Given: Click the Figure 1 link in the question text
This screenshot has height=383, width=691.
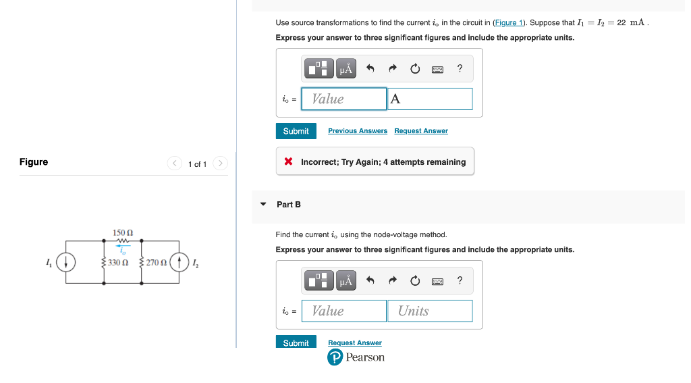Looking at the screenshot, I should (x=509, y=22).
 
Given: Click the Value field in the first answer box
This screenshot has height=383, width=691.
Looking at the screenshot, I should (x=344, y=99).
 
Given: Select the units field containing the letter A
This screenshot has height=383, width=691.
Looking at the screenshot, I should (x=430, y=99).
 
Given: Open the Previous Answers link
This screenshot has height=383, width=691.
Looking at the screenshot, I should (x=358, y=131).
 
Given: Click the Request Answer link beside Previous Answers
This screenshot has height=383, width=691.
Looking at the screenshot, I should (x=421, y=131).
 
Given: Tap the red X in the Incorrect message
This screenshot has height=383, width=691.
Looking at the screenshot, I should (x=288, y=162).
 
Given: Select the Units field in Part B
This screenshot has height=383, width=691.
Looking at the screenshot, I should (x=430, y=311).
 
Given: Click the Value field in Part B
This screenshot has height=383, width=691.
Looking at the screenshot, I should (x=344, y=311).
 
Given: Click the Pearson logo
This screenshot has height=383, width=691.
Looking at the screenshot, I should (x=335, y=357).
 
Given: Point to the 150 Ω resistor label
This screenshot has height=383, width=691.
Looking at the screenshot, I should (x=123, y=232).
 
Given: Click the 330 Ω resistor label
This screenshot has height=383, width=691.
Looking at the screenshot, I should (x=118, y=262).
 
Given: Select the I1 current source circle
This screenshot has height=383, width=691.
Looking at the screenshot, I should (x=65, y=262).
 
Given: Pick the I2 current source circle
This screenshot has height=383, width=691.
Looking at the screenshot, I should (x=179, y=262).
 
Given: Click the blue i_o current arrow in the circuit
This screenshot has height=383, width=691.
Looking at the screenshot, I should (x=122, y=247).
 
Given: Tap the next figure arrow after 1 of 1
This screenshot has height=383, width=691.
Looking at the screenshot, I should (x=221, y=163).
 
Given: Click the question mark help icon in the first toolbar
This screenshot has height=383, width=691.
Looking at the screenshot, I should (x=460, y=68).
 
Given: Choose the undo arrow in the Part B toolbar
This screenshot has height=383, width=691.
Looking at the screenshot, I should (x=370, y=280).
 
